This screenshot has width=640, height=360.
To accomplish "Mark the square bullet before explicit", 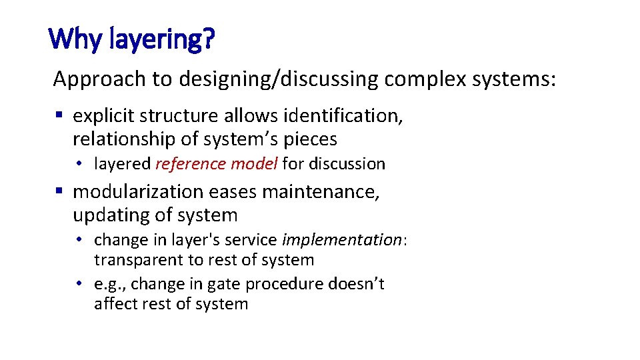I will click(x=59, y=115).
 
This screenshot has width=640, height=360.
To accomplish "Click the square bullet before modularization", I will click(x=59, y=191).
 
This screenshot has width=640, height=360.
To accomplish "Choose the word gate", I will click(x=225, y=285).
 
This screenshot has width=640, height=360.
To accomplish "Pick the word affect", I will click(x=115, y=305).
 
